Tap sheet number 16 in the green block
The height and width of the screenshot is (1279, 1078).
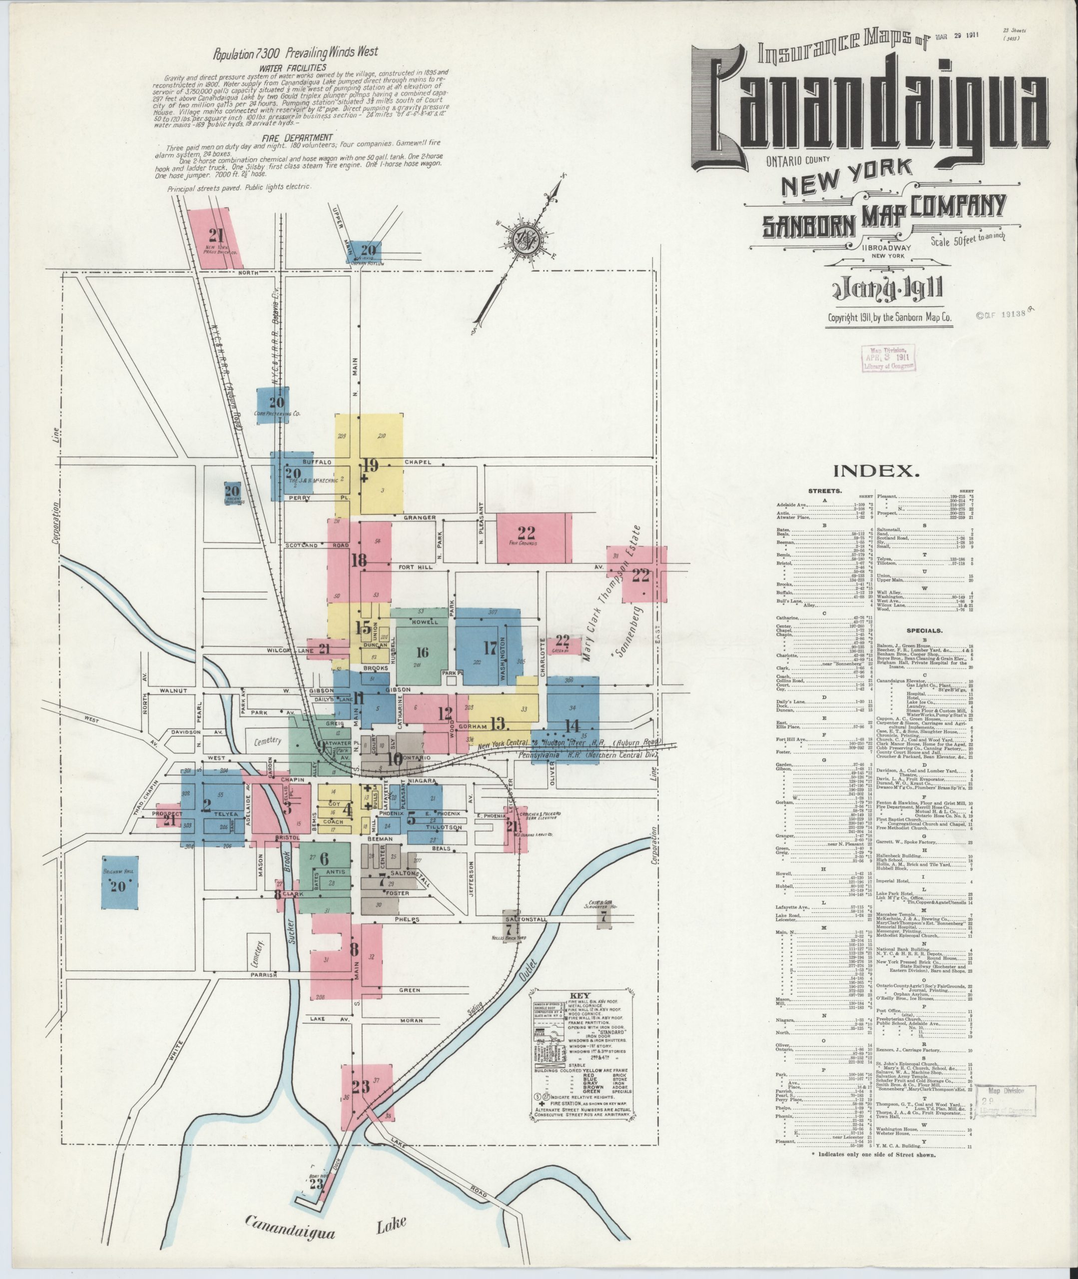422,652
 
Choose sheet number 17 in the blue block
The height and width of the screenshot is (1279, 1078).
490,647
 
